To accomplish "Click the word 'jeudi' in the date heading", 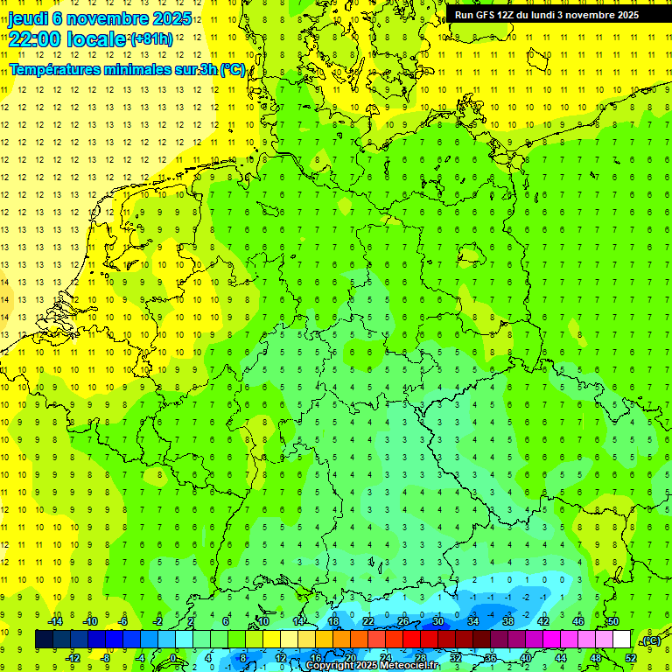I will tap(28, 18).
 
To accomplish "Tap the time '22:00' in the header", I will tap(33, 39).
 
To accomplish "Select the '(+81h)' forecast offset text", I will tap(150, 39).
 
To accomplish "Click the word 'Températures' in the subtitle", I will tap(52, 69).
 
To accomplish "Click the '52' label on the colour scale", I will tap(631, 657).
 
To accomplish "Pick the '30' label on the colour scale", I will tap(437, 621).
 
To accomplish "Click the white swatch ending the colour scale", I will tap(621, 640).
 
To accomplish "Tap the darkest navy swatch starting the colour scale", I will tap(44, 640).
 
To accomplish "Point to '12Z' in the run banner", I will tap(507, 15).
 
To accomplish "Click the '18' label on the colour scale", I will tap(333, 621).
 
